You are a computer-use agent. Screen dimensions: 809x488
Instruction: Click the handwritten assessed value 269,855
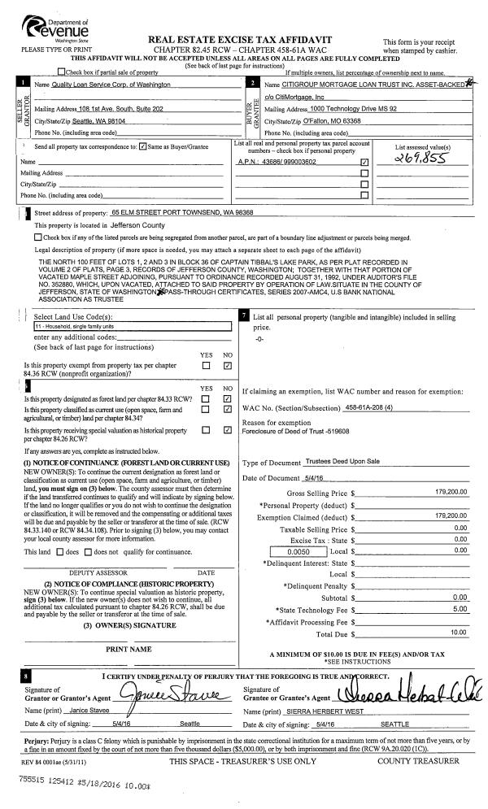417,161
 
